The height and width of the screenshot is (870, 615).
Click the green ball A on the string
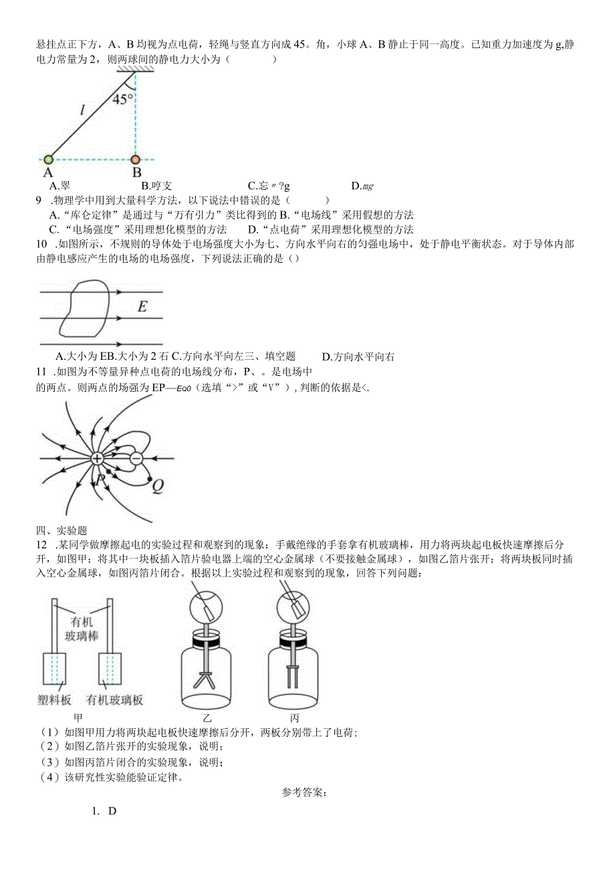48,159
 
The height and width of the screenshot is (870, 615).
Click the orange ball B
136,160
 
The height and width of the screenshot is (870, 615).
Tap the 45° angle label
122,100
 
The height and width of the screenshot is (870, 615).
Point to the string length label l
82,111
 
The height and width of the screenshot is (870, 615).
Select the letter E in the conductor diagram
142,307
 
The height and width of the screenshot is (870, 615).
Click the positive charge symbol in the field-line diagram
97,459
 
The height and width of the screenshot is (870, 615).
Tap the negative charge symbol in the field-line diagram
136,459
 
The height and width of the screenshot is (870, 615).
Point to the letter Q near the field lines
158,486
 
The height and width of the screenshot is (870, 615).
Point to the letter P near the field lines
100,480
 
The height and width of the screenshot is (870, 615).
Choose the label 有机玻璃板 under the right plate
115,700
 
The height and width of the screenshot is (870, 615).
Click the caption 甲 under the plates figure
82,718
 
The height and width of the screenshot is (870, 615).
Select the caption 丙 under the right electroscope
294,718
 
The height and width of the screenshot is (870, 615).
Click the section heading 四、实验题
57,530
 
